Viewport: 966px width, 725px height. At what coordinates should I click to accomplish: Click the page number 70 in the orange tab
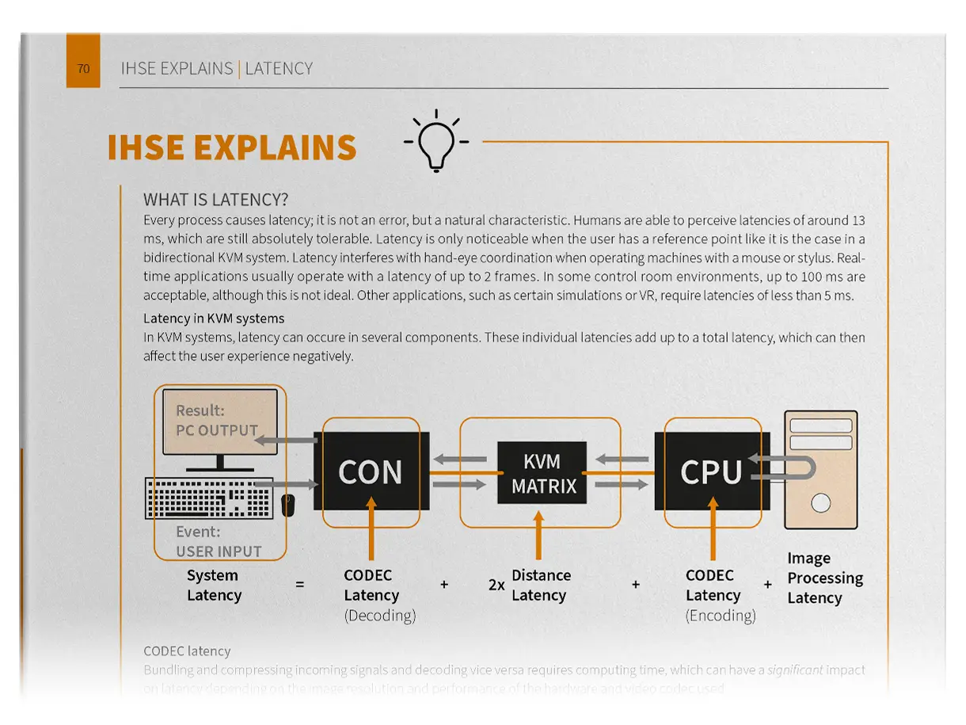[83, 69]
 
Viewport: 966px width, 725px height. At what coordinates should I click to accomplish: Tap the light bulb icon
[435, 143]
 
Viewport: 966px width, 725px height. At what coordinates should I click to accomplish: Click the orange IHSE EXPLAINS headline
[232, 148]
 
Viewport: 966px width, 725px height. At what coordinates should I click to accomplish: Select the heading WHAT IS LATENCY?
[216, 200]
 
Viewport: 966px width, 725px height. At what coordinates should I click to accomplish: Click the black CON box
[371, 471]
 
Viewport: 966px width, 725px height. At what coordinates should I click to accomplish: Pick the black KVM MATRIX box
[542, 473]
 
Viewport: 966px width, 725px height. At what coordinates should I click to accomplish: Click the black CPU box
[710, 471]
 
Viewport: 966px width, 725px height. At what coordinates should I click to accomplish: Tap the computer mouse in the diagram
[288, 504]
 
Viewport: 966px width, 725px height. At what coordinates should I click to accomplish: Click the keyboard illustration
[209, 498]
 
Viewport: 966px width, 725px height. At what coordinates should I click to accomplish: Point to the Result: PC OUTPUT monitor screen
[219, 422]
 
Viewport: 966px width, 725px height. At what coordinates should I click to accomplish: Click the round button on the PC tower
[821, 502]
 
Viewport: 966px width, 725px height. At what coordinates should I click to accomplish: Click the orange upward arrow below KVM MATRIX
[539, 536]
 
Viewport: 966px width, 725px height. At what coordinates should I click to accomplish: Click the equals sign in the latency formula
[299, 585]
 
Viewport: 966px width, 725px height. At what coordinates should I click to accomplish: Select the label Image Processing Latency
[824, 578]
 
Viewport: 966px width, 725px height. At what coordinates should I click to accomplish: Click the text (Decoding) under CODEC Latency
[379, 616]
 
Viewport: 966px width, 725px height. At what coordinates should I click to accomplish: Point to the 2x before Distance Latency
[496, 586]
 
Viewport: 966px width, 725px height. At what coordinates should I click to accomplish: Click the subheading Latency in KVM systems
[214, 319]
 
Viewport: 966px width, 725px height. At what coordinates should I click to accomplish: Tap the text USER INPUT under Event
[219, 551]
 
